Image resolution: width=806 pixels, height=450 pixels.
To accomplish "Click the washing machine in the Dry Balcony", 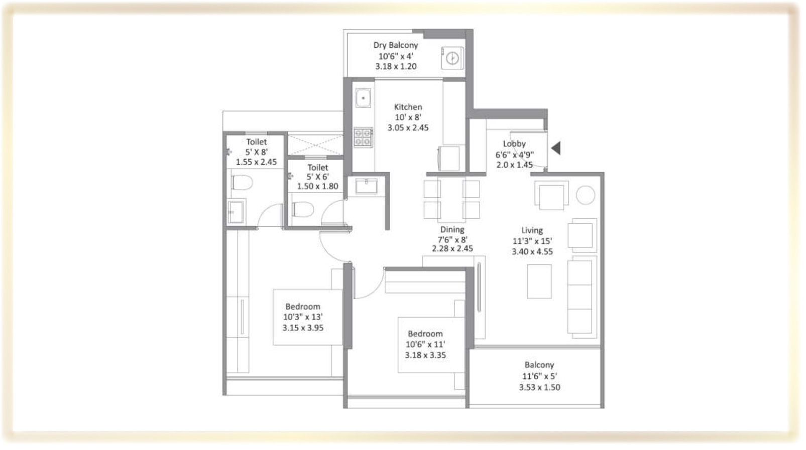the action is (x=452, y=58).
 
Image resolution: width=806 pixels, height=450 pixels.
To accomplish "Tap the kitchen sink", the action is (x=363, y=98).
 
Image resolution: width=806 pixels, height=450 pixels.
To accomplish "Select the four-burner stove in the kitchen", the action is (x=363, y=137).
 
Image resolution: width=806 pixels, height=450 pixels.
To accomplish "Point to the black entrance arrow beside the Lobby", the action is (x=556, y=148).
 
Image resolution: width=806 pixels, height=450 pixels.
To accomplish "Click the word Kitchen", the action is (x=408, y=107).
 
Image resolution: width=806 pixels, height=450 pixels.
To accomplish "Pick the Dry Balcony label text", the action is (x=395, y=45).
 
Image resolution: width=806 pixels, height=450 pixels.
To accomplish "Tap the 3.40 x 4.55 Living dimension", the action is (x=532, y=252).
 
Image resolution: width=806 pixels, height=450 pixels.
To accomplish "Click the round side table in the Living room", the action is (x=586, y=195).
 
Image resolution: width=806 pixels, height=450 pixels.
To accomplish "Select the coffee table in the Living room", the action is (x=539, y=281).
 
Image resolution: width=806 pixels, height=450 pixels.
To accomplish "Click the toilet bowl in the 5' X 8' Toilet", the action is (x=242, y=182).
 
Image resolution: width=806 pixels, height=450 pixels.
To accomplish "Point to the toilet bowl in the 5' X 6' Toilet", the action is (x=303, y=209).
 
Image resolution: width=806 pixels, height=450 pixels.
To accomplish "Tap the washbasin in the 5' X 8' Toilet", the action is (x=236, y=212).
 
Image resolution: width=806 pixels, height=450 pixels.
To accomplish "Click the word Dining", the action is (x=452, y=230).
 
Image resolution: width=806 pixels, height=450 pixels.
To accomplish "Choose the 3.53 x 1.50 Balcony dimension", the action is (x=539, y=387).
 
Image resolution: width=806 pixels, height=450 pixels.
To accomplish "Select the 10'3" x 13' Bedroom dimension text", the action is (x=303, y=317).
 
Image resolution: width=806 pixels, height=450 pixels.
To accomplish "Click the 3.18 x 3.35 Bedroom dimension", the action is (x=425, y=355).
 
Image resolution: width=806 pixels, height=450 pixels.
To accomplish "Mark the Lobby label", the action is (x=514, y=144).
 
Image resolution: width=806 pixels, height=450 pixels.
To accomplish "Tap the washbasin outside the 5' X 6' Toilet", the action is (x=366, y=186).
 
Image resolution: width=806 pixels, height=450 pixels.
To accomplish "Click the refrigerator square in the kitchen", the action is (x=448, y=158).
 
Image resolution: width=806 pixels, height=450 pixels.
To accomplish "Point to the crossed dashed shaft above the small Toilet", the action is (x=315, y=145).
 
